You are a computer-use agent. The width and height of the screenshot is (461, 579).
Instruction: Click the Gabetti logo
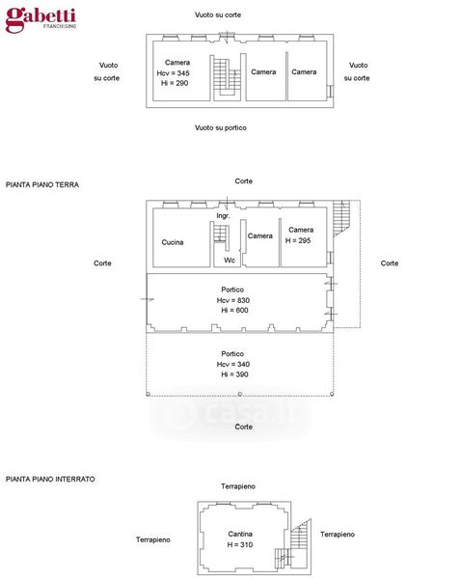point(41,19)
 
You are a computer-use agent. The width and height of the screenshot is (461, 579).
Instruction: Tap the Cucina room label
point(173,242)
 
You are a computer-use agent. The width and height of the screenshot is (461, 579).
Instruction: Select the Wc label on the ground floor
point(230,260)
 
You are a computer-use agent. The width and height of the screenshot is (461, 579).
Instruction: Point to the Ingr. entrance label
point(223,215)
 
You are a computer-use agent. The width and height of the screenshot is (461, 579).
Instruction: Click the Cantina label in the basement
point(240,534)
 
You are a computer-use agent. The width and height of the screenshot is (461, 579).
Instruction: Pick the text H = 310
point(240,544)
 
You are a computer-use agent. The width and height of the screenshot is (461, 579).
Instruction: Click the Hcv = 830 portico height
point(233,300)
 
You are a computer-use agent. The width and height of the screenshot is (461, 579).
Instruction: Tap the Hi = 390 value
point(234,374)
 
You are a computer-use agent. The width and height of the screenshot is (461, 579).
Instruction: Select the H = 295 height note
point(298,240)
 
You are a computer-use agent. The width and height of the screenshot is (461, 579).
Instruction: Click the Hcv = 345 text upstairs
point(173,73)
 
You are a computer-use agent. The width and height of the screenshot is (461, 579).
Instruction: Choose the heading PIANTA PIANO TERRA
point(42,184)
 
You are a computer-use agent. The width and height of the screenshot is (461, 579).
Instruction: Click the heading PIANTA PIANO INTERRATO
point(50,479)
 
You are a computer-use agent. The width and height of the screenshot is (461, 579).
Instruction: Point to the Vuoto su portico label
point(221,127)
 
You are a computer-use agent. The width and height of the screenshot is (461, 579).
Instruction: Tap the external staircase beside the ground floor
point(341,218)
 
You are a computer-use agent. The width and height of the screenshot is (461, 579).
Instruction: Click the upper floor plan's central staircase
point(227,77)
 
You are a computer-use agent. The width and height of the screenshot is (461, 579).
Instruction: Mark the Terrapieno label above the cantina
point(238,486)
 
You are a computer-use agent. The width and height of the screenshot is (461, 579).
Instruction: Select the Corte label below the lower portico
point(244,427)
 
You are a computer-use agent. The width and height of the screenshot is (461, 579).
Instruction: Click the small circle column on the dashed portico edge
point(240,394)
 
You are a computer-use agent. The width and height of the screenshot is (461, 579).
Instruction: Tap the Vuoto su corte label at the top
point(218,14)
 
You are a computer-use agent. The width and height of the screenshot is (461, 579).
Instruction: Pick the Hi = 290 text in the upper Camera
point(175,83)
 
